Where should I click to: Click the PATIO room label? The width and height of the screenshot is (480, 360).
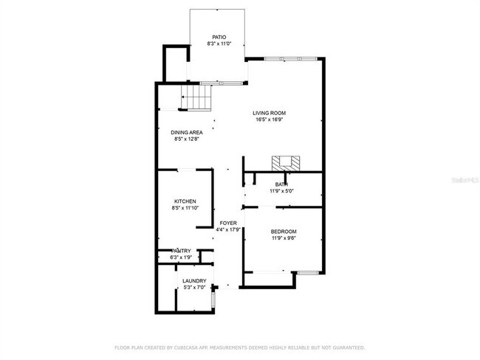pos(219,37)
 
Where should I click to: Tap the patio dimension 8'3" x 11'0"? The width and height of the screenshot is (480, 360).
pos(219,44)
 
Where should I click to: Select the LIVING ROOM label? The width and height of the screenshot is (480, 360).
pos(270,113)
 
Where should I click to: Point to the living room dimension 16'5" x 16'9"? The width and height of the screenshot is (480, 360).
pos(270,120)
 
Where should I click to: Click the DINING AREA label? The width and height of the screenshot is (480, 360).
pos(187,132)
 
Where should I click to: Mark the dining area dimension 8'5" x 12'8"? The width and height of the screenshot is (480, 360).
pos(187,139)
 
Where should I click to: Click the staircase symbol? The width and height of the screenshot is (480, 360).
pos(196,96)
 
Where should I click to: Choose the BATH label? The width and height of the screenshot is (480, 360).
pos(281,184)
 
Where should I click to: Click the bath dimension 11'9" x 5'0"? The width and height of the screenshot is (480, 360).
pos(281,190)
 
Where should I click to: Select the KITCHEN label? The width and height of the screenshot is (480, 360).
pos(185,201)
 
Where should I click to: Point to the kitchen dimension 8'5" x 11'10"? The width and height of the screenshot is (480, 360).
pos(185,208)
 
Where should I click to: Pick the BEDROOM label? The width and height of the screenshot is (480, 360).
pos(283,232)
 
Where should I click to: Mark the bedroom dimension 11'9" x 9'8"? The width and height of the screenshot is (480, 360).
pos(283,238)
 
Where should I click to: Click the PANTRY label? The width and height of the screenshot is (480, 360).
pos(181,251)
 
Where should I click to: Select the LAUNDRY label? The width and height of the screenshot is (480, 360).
pos(194,280)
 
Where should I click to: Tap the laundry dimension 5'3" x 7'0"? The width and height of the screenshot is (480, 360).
pos(194,287)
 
